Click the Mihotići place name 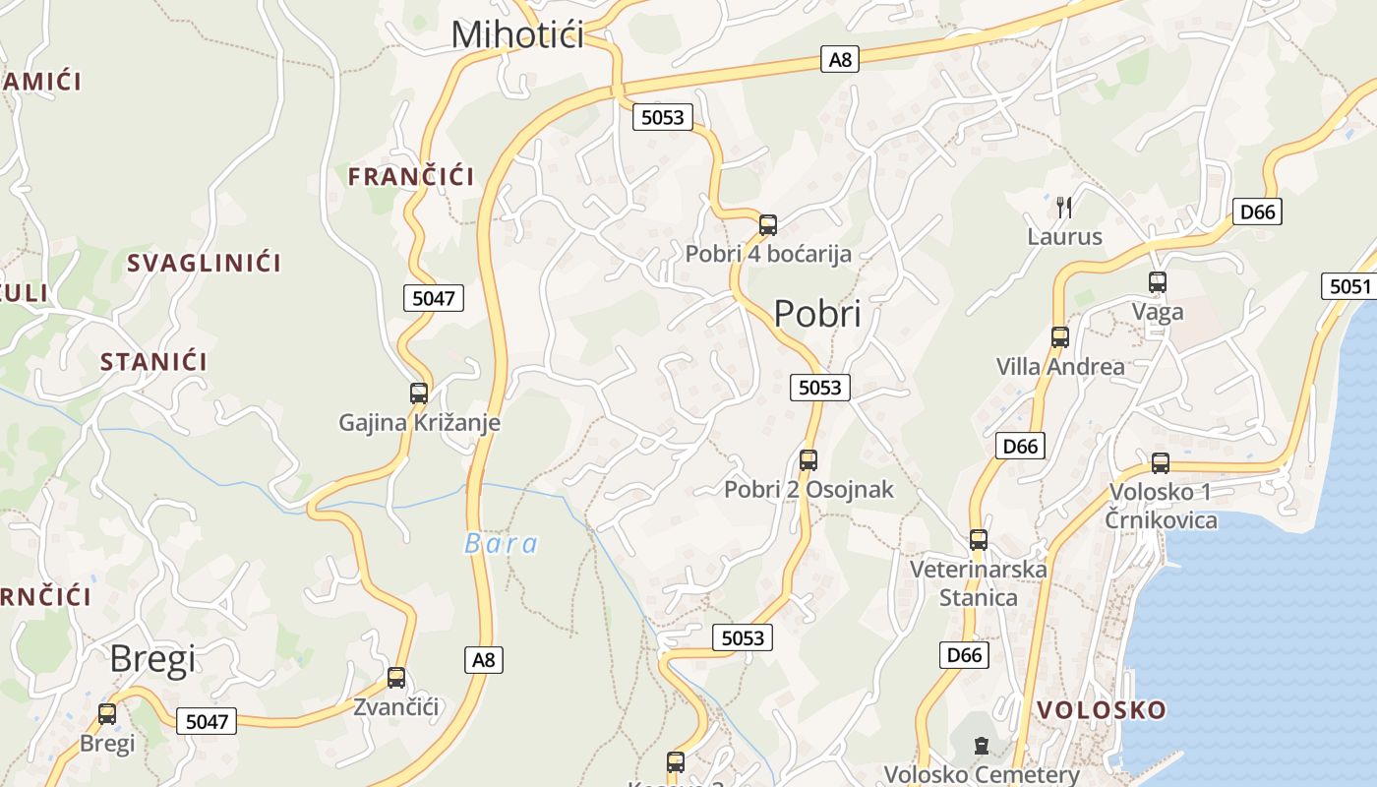tap(517, 34)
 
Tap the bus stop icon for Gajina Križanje tap(419, 393)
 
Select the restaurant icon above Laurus tap(1064, 207)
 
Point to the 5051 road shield tap(1349, 286)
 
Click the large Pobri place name tap(817, 314)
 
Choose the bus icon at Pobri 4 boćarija tap(768, 225)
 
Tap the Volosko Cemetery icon tap(981, 745)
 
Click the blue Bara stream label tap(502, 544)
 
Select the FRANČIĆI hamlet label tap(411, 177)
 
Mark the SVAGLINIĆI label tap(204, 263)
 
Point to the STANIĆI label tap(153, 361)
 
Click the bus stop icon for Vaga tap(1158, 282)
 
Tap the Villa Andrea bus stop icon tap(1060, 337)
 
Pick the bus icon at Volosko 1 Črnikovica tap(1161, 463)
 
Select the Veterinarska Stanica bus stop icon tap(979, 540)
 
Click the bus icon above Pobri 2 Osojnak tap(808, 459)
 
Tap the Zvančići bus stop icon tap(396, 678)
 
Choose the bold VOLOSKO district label tap(1102, 709)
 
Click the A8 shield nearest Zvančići tap(484, 659)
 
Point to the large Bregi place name tap(152, 659)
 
